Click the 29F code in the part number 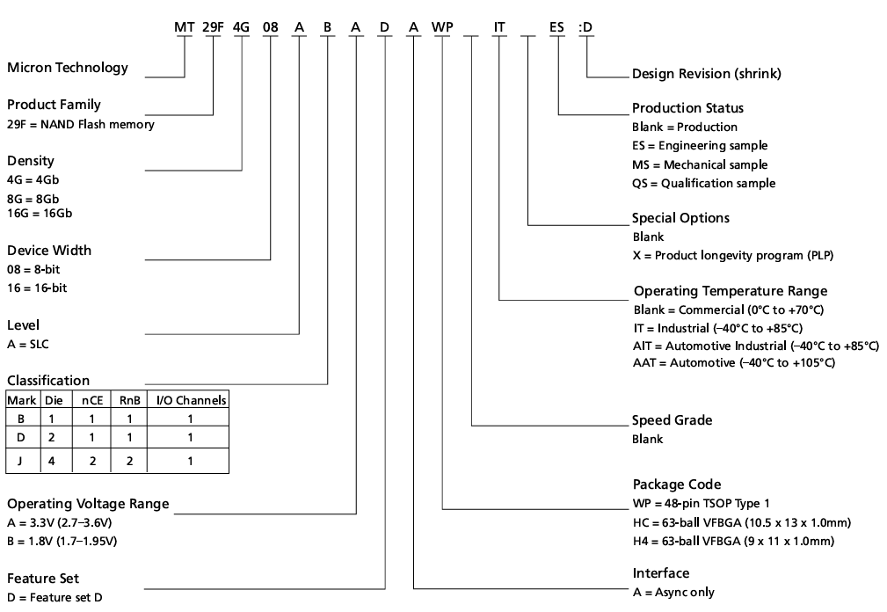[x=213, y=26]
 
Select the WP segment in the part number [x=442, y=26]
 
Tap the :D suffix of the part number [x=585, y=26]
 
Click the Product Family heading [x=54, y=106]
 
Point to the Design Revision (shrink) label [x=706, y=73]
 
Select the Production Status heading [x=687, y=108]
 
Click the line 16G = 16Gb [x=40, y=214]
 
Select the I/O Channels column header [x=191, y=400]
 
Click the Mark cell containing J [x=21, y=460]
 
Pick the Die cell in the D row [x=51, y=437]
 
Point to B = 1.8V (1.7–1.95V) [x=62, y=541]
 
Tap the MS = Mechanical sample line [x=700, y=164]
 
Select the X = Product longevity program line [x=732, y=256]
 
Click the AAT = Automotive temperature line [x=734, y=363]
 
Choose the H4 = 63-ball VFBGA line [x=732, y=541]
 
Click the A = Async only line [x=673, y=592]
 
